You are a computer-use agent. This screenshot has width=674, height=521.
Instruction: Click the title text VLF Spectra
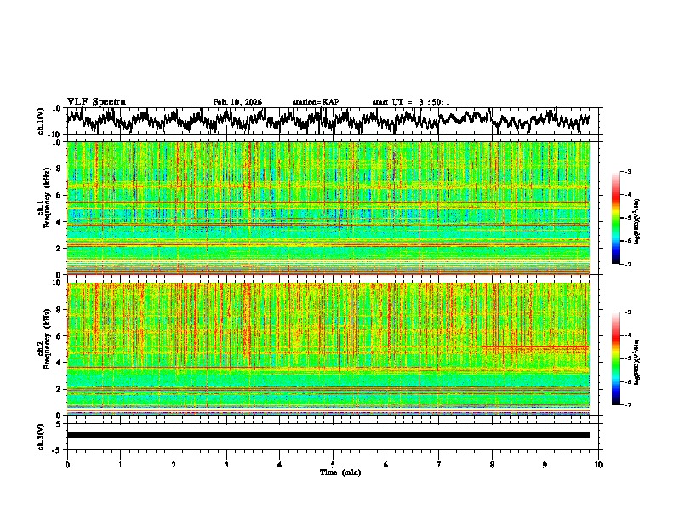coord(96,102)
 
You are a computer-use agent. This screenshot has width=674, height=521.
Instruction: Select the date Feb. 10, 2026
coord(237,102)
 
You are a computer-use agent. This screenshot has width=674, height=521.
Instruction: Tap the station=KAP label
coord(315,102)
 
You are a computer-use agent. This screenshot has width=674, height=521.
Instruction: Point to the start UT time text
coord(411,102)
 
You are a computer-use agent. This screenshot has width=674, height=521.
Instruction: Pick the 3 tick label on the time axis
coord(226,465)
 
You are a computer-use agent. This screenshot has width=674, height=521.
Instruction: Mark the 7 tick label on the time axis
coord(438,465)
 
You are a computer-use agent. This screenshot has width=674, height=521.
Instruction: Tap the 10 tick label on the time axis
coord(598,465)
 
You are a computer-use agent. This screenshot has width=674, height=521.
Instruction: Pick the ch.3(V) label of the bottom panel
coord(41,434)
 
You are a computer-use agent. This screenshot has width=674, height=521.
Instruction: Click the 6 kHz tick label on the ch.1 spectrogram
coord(59,195)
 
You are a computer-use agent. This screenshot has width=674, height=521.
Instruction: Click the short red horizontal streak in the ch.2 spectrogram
coord(534,347)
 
